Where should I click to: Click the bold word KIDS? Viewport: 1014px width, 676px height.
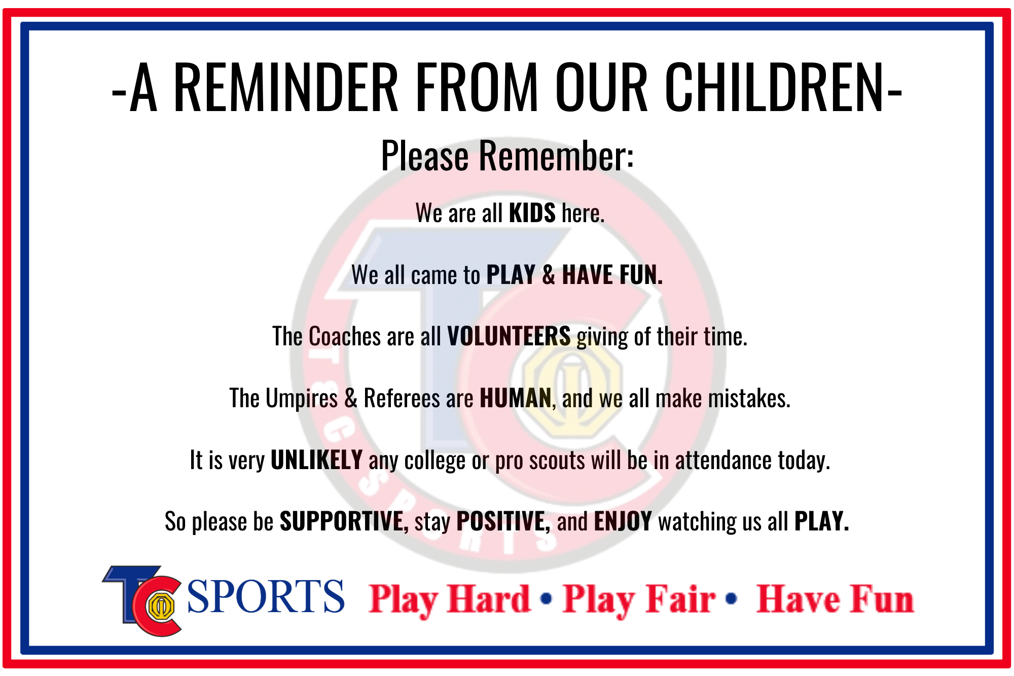(532, 213)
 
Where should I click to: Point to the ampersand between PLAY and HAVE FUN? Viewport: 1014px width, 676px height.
(549, 275)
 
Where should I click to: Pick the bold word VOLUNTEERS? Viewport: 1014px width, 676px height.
(509, 336)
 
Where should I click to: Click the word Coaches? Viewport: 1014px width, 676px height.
(345, 336)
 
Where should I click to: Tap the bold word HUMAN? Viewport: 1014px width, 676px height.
(516, 398)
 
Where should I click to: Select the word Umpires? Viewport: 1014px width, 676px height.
(302, 399)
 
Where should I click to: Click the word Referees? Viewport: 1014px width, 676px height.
(402, 398)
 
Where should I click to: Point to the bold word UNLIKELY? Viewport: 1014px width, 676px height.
(317, 460)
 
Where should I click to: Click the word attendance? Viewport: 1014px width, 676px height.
(723, 460)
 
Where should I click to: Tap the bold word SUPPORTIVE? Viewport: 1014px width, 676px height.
(344, 521)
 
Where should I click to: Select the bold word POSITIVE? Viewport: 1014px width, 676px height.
(503, 521)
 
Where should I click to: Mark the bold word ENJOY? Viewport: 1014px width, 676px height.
(623, 521)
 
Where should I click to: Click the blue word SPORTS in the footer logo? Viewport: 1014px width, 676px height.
(266, 596)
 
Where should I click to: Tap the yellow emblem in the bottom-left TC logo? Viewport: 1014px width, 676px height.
(161, 606)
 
